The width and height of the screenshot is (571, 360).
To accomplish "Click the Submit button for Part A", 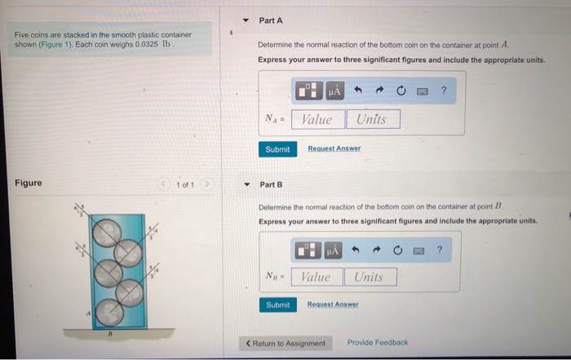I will (x=277, y=149).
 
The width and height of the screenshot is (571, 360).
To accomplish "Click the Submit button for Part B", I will (x=277, y=304).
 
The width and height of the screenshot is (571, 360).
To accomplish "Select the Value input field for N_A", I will (x=316, y=120).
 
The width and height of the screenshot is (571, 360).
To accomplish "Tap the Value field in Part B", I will (x=315, y=277).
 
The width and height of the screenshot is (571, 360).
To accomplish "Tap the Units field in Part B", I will (x=370, y=277).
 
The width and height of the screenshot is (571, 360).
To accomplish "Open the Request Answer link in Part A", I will (x=334, y=149).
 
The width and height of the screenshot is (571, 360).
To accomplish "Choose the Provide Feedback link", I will (x=377, y=343).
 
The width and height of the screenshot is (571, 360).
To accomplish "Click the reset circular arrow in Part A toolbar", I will (x=401, y=91).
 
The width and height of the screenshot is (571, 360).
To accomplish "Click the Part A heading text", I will (x=271, y=20).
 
